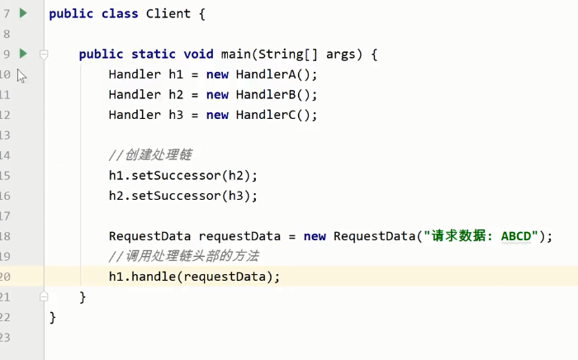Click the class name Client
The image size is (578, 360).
tap(173, 14)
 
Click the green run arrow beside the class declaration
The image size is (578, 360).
tap(23, 13)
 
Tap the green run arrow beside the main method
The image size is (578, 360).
tap(23, 54)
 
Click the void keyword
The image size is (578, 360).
tap(198, 54)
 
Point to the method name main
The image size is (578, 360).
tap(236, 54)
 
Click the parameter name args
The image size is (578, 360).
tap(342, 54)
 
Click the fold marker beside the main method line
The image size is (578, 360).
tap(44, 54)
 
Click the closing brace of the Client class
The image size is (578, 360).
tap(53, 317)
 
